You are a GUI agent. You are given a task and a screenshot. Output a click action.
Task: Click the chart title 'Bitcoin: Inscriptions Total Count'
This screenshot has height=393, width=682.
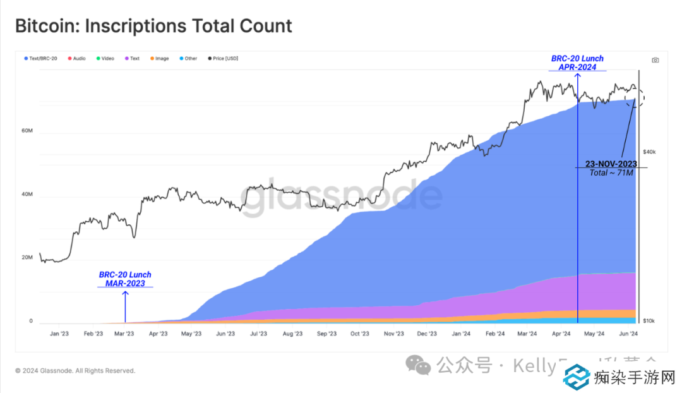tap(153, 27)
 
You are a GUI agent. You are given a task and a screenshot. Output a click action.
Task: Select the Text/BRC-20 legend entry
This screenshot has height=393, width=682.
tap(42, 59)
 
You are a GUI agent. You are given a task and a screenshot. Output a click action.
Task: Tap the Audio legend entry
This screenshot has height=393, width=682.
tap(77, 59)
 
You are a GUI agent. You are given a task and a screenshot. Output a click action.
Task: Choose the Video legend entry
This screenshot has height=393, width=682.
tap(105, 59)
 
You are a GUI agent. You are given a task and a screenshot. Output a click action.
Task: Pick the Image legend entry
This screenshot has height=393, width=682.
tap(160, 59)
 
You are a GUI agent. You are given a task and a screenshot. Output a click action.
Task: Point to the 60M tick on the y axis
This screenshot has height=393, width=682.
tap(27, 131)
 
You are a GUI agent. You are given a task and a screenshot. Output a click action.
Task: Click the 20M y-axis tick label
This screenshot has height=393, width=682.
tap(27, 258)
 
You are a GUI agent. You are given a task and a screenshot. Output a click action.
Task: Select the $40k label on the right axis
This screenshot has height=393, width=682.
tap(649, 152)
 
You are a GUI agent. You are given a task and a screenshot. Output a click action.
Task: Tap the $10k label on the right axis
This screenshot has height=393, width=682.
tap(649, 321)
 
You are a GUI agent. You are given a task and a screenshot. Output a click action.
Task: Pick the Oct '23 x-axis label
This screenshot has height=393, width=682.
tap(359, 334)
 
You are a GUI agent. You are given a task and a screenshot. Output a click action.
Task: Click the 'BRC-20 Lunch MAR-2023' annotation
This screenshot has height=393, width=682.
tap(125, 279)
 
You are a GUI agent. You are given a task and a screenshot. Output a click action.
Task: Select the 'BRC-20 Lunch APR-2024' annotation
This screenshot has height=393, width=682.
tap(577, 63)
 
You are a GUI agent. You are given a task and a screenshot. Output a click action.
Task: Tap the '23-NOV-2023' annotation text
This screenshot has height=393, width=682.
tap(611, 164)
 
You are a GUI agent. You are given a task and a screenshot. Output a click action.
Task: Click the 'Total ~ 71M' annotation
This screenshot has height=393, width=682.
tap(611, 172)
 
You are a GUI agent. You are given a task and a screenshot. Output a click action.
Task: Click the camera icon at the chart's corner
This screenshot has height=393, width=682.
tap(655, 60)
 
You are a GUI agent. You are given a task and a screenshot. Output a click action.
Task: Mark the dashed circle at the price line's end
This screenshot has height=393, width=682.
tap(635, 98)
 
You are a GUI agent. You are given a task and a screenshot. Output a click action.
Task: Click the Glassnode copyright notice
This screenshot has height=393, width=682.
tap(75, 371)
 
